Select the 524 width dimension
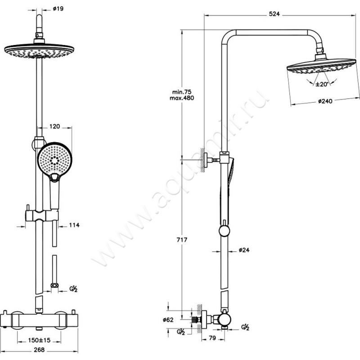[275, 14]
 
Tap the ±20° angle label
[321, 84]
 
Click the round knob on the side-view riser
[224, 232]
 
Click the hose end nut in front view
[55, 285]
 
